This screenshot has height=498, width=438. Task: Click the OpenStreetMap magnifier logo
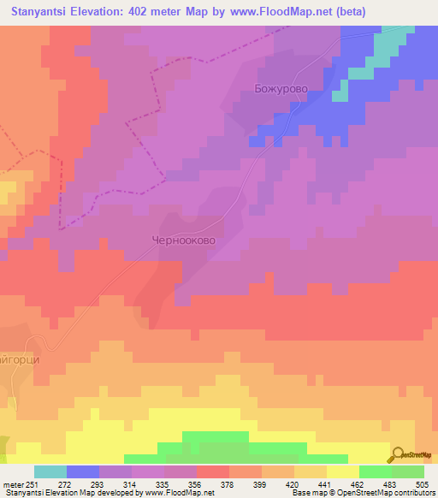(x=399, y=454)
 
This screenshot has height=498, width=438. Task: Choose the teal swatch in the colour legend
(x=50, y=471)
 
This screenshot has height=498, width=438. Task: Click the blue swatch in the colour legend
(x=83, y=471)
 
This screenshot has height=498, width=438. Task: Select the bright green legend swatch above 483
(x=376, y=471)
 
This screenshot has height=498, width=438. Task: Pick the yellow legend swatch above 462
(x=343, y=471)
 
